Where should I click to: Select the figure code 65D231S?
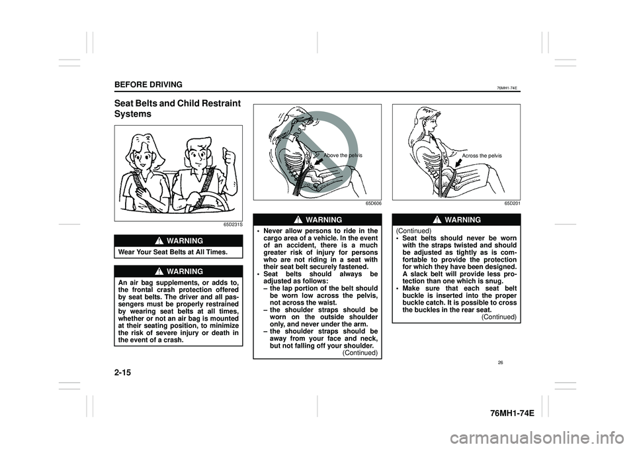(233, 225)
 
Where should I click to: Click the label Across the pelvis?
(482, 155)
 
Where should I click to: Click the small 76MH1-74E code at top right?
(507, 86)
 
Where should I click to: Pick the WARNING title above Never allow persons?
(322, 219)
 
